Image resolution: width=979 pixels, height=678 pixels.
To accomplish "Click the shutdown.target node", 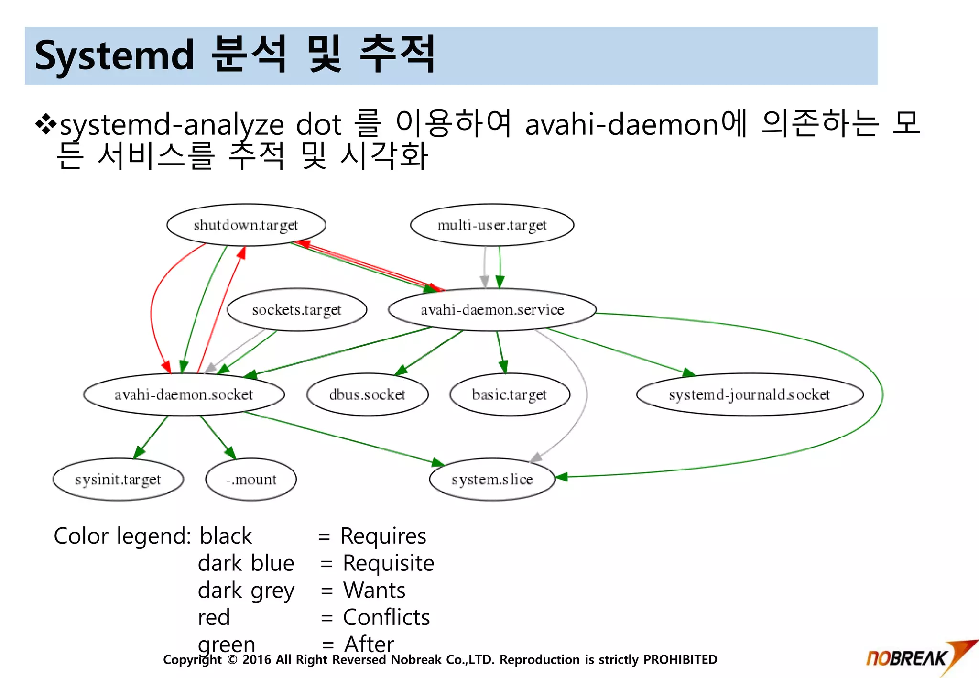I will [246, 225].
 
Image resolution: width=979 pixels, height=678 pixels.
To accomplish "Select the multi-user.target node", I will [492, 225].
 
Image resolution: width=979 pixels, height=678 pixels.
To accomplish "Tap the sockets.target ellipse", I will [296, 310].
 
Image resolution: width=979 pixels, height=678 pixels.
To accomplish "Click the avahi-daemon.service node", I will [492, 310].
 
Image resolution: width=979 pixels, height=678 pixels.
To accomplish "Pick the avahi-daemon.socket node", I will [184, 394].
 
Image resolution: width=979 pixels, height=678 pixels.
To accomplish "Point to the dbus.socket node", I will [367, 394].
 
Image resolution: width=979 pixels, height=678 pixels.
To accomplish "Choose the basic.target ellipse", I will [509, 394].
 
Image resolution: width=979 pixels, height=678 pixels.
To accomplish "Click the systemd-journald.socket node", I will [749, 394].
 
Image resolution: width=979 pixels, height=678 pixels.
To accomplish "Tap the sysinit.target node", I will [118, 479].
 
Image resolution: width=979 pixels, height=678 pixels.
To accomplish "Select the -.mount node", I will [250, 479].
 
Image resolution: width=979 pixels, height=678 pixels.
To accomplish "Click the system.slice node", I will [492, 479].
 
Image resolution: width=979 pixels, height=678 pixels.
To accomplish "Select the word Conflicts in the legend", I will [386, 617].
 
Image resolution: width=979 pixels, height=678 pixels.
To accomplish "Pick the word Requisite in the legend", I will [388, 563].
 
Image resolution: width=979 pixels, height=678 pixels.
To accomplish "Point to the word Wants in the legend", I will [374, 591].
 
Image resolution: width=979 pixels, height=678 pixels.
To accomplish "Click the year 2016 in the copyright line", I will [257, 660].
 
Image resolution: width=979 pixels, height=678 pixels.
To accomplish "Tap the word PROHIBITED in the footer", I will [680, 660].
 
